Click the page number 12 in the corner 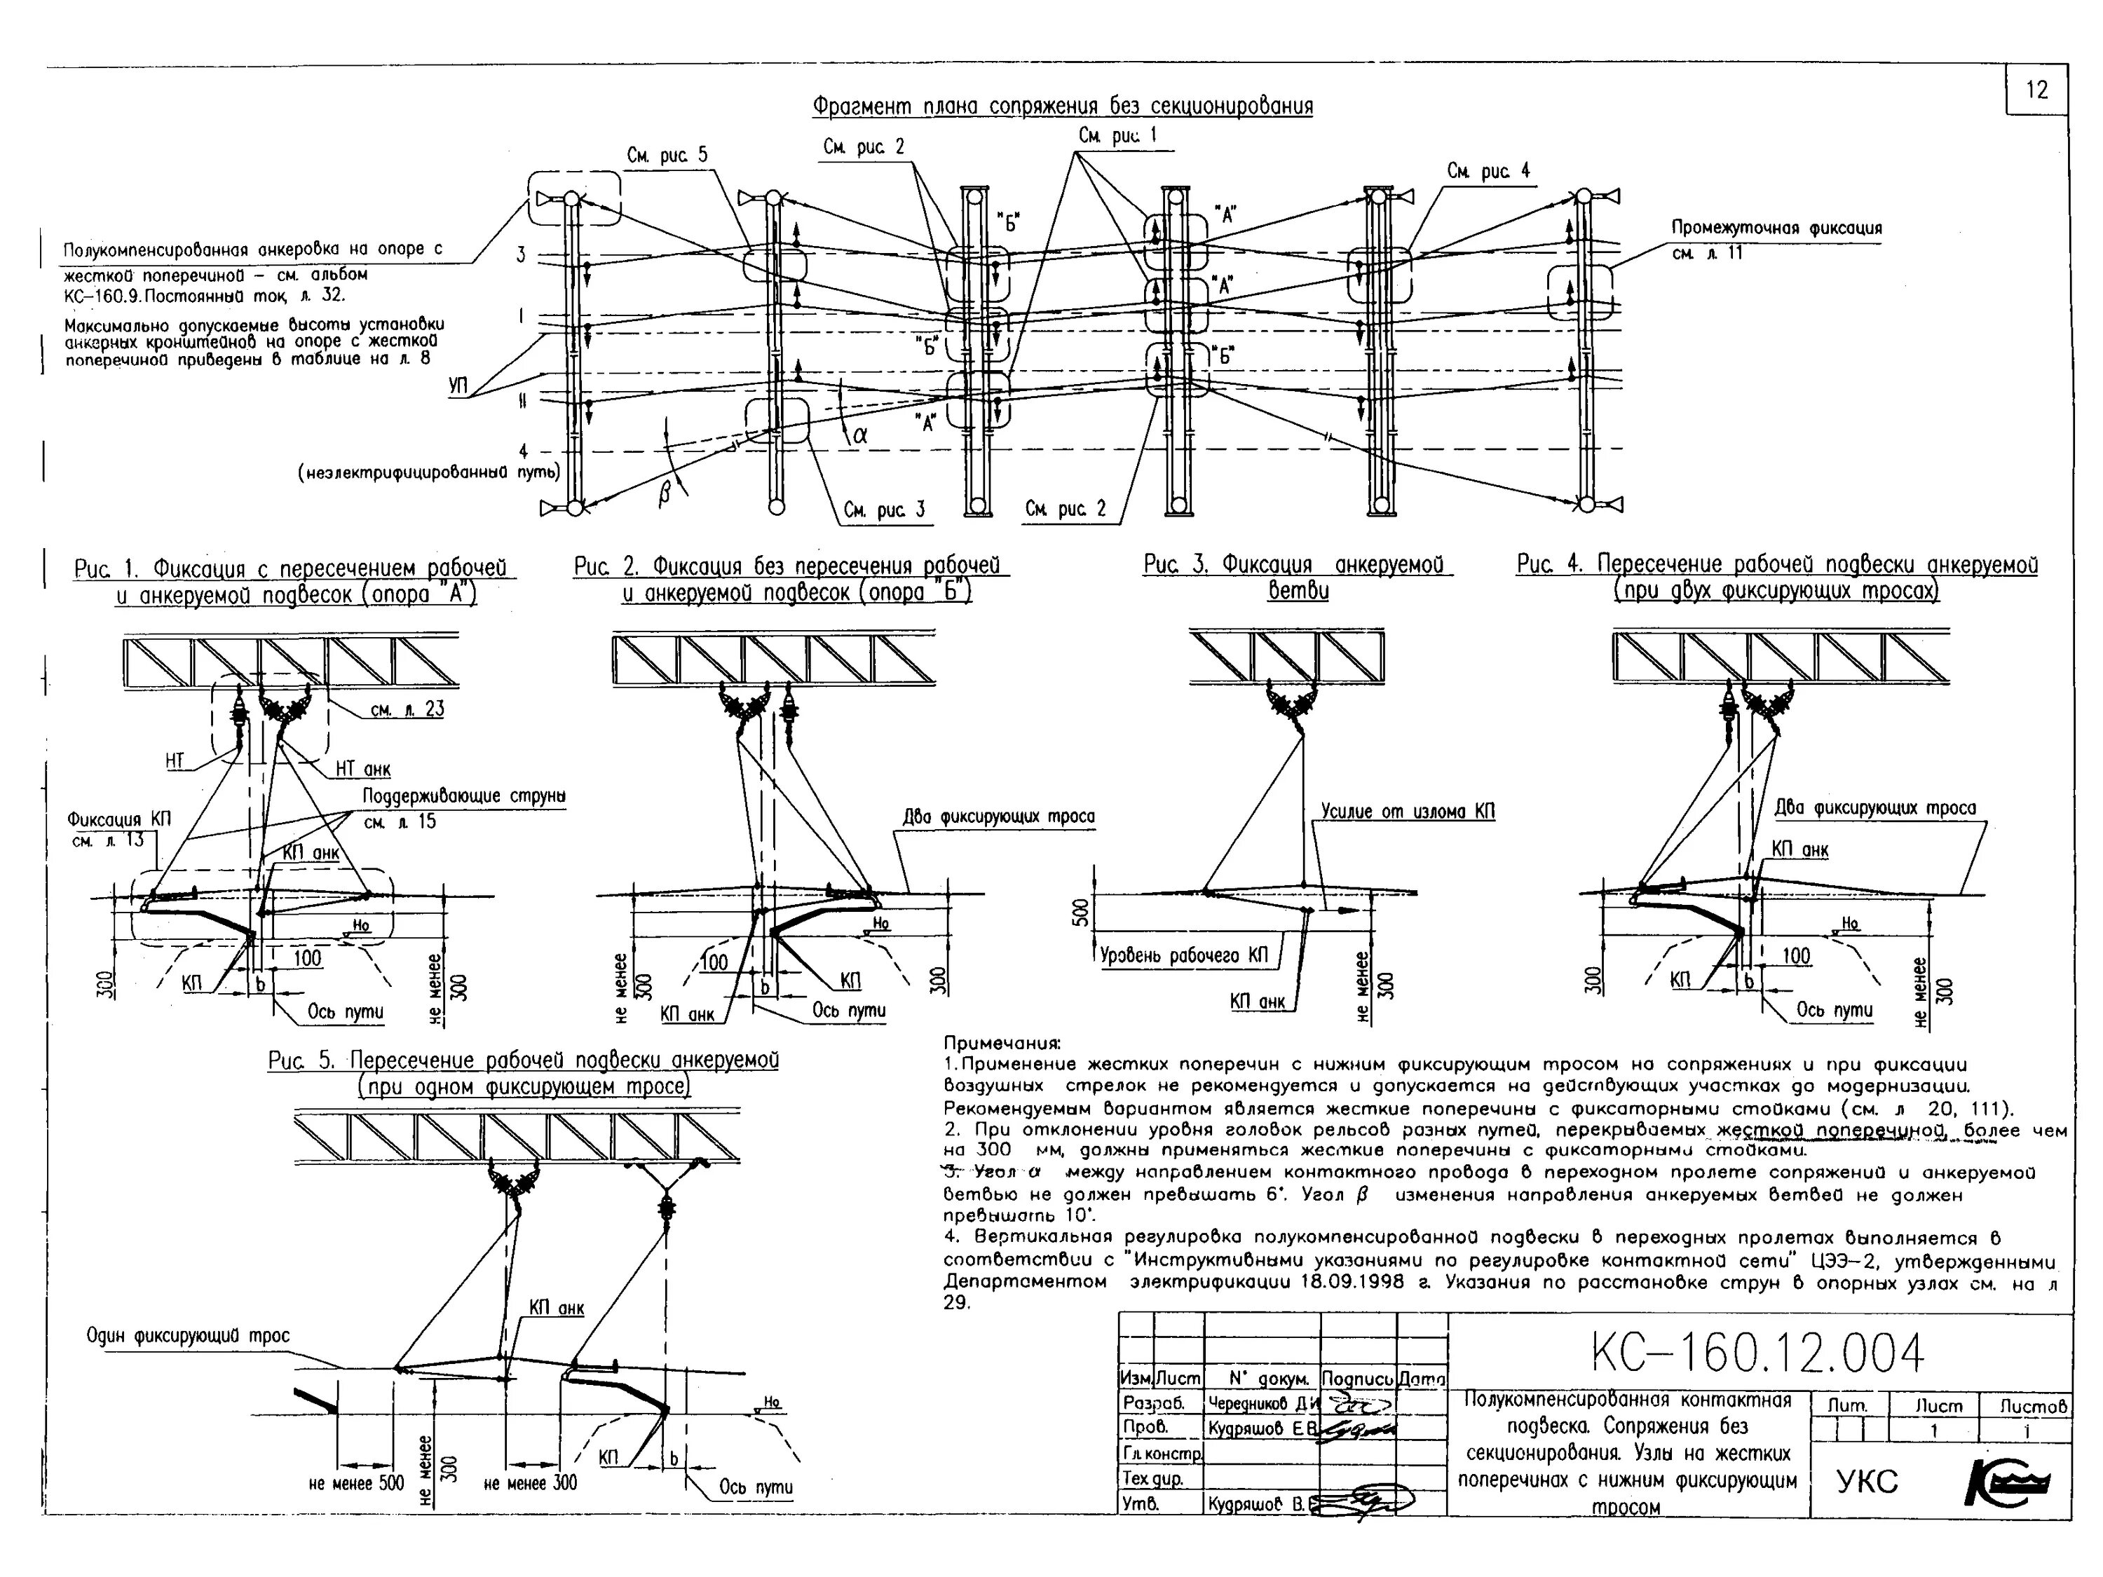pyautogui.click(x=2036, y=90)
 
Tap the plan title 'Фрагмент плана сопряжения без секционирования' pyautogui.click(x=1062, y=106)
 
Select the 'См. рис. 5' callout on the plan pyautogui.click(x=667, y=155)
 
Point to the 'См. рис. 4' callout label pyautogui.click(x=1489, y=171)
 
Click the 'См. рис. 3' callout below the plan pyautogui.click(x=883, y=510)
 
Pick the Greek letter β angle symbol pyautogui.click(x=665, y=491)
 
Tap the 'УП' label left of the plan pyautogui.click(x=459, y=387)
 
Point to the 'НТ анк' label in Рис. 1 pyautogui.click(x=362, y=769)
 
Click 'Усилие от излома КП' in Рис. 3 pyautogui.click(x=1407, y=812)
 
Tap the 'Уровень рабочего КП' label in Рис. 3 pyautogui.click(x=1184, y=955)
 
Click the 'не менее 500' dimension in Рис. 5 pyautogui.click(x=357, y=1483)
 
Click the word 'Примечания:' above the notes pyautogui.click(x=1002, y=1044)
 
